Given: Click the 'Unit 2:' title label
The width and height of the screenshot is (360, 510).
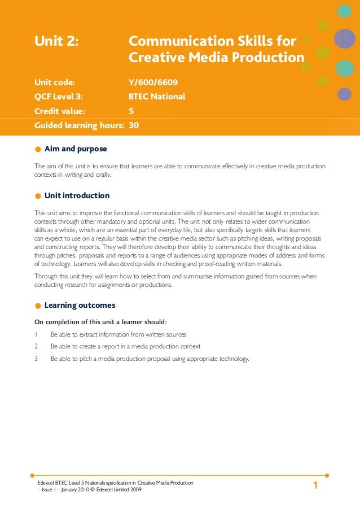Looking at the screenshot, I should (x=56, y=41).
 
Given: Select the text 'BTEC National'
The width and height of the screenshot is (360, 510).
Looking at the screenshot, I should (x=157, y=97).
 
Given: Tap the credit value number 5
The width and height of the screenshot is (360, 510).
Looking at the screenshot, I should (x=131, y=111).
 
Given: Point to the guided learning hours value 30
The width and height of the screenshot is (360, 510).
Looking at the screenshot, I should (x=134, y=125).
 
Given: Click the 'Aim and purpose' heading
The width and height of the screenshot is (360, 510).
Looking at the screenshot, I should (x=76, y=149).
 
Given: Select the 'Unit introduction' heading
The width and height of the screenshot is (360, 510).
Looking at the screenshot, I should (x=77, y=195).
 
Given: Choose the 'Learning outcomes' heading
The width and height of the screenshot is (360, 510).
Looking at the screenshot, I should (x=80, y=306).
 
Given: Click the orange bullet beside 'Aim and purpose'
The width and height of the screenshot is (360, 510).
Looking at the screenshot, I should (x=38, y=150).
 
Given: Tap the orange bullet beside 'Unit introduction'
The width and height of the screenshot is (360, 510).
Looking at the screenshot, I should (x=38, y=196).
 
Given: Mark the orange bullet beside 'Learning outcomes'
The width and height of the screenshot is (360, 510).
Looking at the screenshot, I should (x=38, y=306).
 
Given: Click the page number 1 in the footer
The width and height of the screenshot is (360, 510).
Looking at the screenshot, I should (x=316, y=486).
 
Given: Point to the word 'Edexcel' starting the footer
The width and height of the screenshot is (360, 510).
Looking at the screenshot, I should (x=46, y=483).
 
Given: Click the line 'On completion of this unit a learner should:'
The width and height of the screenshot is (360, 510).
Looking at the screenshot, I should (x=101, y=322).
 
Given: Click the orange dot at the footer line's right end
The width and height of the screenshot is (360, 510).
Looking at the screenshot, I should (x=327, y=476).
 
